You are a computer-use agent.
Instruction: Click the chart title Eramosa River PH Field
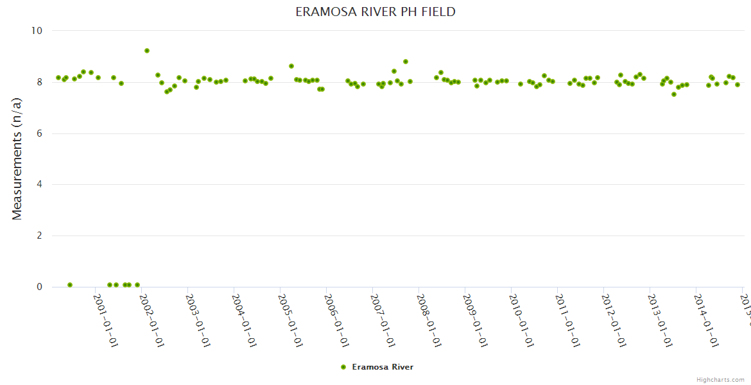[x=376, y=12]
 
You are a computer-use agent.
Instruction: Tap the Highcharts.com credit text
[x=720, y=379]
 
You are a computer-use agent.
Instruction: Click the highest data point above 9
[x=147, y=51]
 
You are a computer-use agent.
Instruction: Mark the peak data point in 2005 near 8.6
[x=291, y=66]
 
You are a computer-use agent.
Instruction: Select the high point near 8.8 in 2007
[x=406, y=62]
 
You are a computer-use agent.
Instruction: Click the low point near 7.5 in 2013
[x=674, y=94]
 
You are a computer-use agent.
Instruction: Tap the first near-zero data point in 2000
[x=70, y=285]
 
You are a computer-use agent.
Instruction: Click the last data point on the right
[x=738, y=85]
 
